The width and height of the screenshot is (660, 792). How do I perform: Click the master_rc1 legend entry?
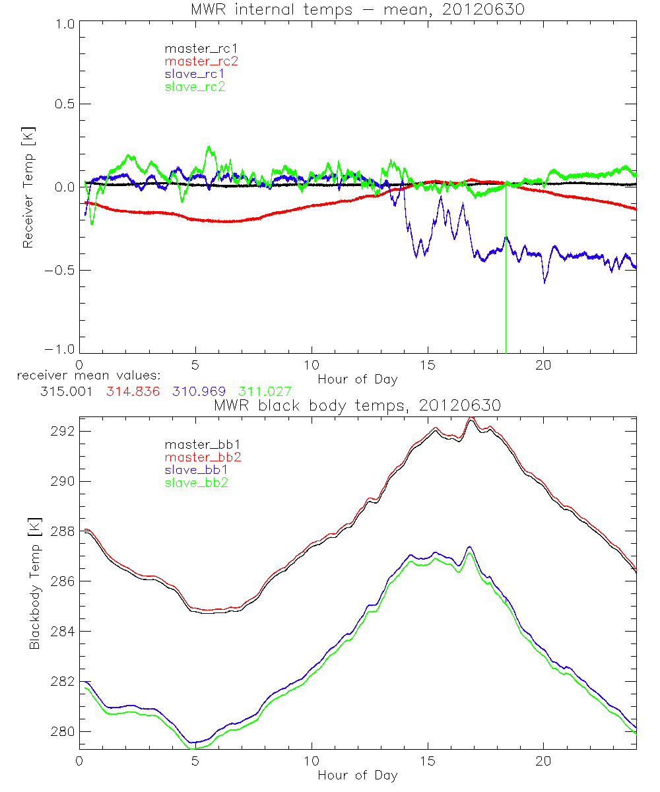coord(195,49)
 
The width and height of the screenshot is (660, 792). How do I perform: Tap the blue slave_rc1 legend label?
coord(195,74)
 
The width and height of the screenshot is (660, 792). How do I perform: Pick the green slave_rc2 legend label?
coord(195,86)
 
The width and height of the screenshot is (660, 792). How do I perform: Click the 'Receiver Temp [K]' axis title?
coord(28,187)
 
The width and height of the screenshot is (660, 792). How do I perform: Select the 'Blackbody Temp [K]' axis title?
coord(34,584)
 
